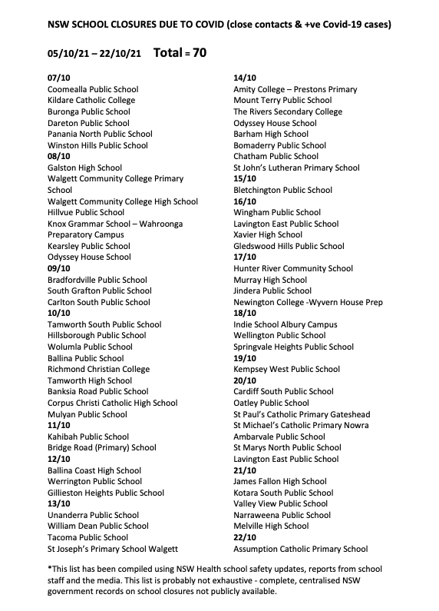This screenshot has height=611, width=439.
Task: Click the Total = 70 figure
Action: tap(180, 54)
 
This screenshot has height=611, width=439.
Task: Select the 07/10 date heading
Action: tap(59, 78)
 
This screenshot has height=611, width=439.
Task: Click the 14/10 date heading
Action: tap(245, 78)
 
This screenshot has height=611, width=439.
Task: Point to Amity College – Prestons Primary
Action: tap(295, 89)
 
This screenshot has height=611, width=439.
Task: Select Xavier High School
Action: tap(268, 235)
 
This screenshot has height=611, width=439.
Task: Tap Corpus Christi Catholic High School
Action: tap(112, 403)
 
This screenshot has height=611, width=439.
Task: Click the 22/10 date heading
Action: tap(245, 538)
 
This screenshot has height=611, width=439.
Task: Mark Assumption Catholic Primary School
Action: tap(300, 550)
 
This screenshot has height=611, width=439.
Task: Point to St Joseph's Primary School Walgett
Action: tap(112, 550)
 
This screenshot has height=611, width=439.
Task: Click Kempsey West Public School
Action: tap(286, 370)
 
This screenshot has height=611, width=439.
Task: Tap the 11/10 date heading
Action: tap(59, 426)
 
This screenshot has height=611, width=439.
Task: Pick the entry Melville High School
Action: tap(271, 526)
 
